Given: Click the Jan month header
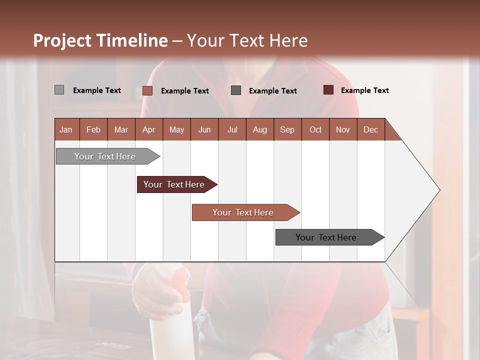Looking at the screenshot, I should point(66,129).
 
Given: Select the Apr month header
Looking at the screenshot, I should point(148,129).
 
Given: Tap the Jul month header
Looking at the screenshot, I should point(232,129).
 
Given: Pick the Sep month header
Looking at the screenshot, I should point(287,129).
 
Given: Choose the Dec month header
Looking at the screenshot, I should point(370,129).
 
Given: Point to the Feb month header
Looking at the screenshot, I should point(93,129).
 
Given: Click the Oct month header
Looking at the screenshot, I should point(315,129).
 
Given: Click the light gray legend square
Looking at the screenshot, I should point(59,90).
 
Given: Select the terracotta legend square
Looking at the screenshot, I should point(147,90).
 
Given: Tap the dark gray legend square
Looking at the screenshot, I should point(236,90).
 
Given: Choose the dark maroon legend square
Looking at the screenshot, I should point(328,90).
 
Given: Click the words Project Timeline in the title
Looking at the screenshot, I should point(100,40).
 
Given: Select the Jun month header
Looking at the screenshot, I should point(204,129).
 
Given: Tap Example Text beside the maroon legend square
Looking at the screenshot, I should point(364,90).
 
